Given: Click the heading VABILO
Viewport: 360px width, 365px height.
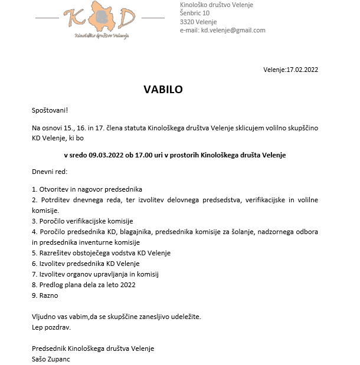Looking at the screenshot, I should tap(163, 90).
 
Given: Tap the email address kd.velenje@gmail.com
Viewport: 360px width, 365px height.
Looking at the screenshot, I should tap(233, 30).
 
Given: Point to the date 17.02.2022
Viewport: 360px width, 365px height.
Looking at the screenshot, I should tap(302, 70).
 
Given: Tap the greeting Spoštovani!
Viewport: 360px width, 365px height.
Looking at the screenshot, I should tap(50, 110).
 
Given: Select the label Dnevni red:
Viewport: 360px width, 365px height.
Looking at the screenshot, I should tap(50, 172).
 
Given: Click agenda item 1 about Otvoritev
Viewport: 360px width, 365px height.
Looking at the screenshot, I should tap(87, 189).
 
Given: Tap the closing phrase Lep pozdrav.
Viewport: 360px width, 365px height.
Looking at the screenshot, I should tap(51, 327).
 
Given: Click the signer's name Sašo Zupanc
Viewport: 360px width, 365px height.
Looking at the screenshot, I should tap(52, 358).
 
